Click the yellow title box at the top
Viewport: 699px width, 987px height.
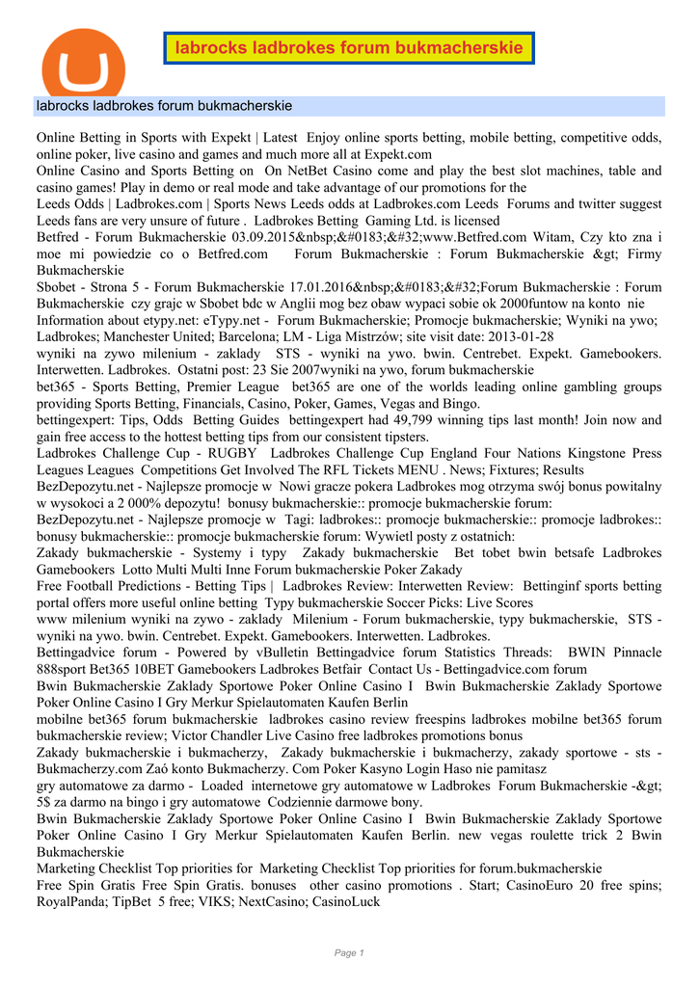click(348, 48)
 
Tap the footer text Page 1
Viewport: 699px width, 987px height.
click(349, 953)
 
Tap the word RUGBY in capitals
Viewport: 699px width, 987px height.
click(236, 453)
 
